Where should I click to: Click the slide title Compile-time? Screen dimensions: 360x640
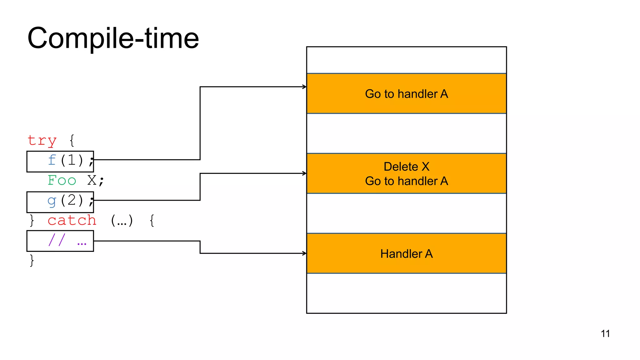[113, 38]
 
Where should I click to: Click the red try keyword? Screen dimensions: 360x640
[42, 140]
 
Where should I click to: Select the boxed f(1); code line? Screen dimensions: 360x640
[60, 161]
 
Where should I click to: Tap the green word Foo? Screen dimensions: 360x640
[62, 180]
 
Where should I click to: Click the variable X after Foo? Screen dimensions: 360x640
[92, 180]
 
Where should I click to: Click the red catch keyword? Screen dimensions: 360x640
[72, 221]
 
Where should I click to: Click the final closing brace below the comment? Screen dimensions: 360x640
[32, 260]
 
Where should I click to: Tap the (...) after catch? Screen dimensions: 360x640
[122, 221]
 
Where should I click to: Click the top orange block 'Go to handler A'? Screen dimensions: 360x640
[406, 94]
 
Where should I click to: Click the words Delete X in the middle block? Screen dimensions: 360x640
[406, 167]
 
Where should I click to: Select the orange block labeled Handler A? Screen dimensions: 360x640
[406, 253]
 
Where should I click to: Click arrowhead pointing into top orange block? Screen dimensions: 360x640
[304, 87]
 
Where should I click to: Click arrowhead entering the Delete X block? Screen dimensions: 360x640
[304, 173]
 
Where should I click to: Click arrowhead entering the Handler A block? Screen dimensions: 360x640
[304, 253]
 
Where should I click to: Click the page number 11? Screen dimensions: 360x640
[605, 333]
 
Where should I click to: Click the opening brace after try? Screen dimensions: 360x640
[72, 140]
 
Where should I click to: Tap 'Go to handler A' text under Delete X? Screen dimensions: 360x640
[406, 181]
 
